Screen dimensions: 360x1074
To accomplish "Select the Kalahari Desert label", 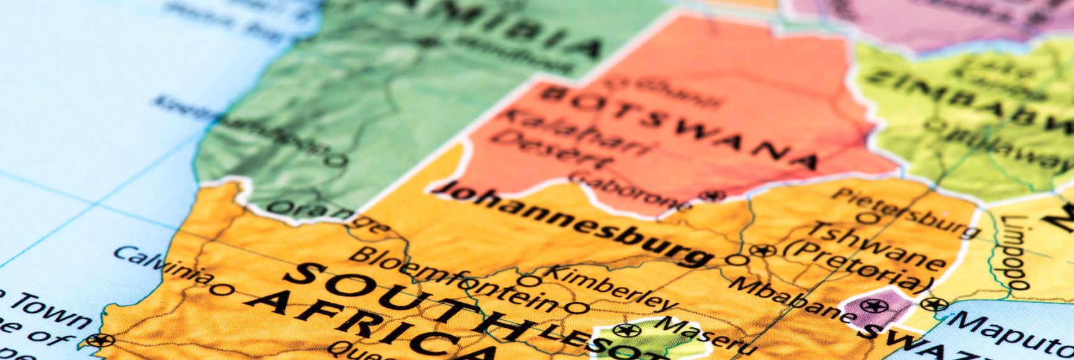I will (x=572, y=137).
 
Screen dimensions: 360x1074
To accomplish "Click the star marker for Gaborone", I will (x=713, y=196).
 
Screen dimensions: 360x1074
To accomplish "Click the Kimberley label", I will (x=611, y=288).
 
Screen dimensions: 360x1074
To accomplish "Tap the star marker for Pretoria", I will (x=762, y=251).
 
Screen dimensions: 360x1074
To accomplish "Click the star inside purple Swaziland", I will (x=873, y=305).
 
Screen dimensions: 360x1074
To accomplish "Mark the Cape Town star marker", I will (x=99, y=340).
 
